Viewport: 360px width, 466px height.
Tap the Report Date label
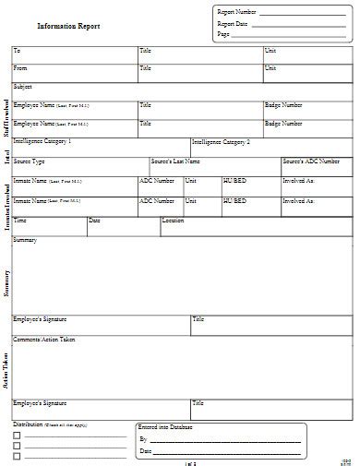(233, 23)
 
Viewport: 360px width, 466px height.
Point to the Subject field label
(23, 86)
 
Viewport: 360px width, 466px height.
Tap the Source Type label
(29, 161)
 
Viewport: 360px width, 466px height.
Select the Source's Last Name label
(175, 161)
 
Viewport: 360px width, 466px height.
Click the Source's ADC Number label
(310, 161)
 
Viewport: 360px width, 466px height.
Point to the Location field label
(173, 221)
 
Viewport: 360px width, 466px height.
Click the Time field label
(20, 221)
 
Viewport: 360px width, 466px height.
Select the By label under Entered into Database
(143, 441)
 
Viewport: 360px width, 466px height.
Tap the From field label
(21, 67)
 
